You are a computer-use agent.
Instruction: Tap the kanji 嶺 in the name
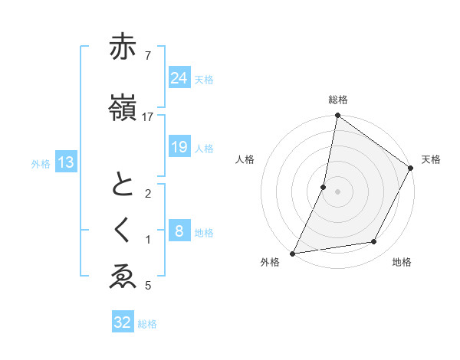click(123, 107)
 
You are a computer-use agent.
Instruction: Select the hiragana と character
click(123, 186)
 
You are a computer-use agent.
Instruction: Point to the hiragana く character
click(123, 231)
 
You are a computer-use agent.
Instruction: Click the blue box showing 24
click(179, 77)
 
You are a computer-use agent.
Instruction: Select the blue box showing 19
click(179, 146)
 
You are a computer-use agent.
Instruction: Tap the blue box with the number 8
click(179, 231)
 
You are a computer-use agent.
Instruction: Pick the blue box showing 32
click(123, 322)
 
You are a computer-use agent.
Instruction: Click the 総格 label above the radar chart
click(337, 100)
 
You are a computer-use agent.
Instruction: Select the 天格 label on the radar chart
click(431, 159)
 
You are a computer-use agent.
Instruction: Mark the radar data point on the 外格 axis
click(292, 254)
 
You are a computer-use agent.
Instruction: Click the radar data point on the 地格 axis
click(374, 242)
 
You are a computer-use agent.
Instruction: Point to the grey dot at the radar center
click(337, 191)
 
